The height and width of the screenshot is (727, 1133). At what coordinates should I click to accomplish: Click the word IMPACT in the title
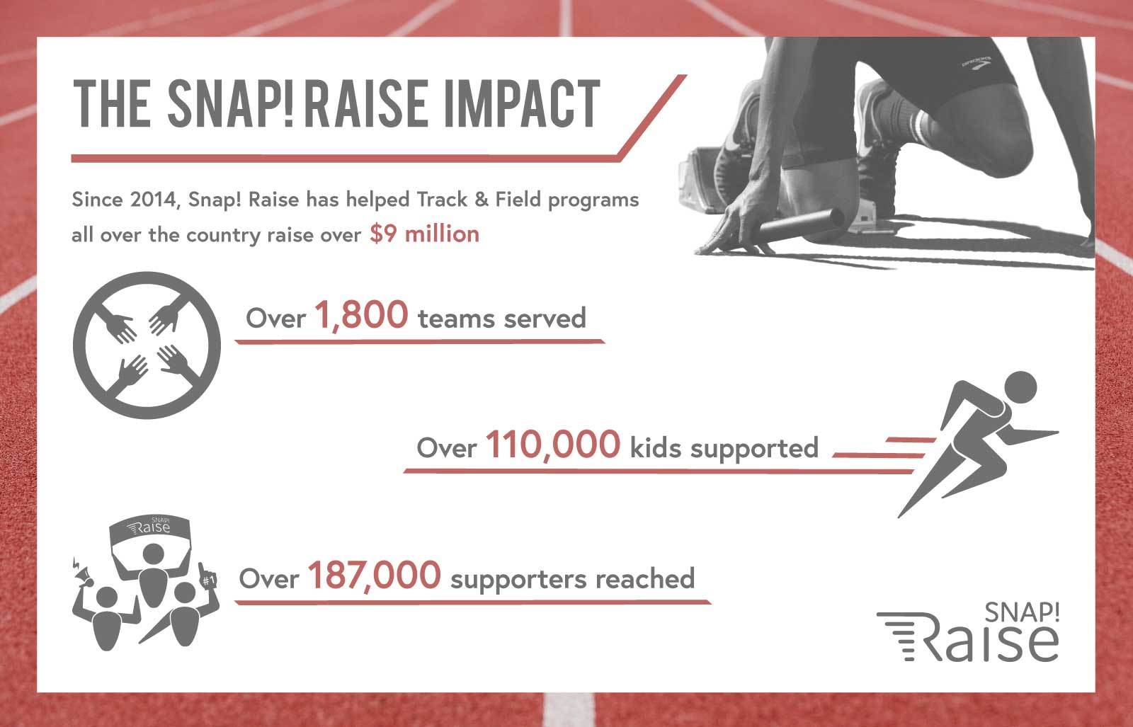[521, 103]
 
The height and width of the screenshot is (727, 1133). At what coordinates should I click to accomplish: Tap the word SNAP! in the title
[230, 103]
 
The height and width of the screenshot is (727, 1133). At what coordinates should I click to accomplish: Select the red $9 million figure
[424, 234]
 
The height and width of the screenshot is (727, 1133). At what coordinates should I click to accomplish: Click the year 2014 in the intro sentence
[152, 200]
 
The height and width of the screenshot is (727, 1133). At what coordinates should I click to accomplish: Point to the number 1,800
[361, 316]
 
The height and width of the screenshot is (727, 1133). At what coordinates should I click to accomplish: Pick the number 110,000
[553, 445]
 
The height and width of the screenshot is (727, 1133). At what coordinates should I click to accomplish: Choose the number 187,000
[375, 576]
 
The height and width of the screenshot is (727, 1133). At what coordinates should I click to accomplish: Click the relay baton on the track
[801, 224]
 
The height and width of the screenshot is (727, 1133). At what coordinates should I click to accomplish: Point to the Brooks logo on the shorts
[977, 64]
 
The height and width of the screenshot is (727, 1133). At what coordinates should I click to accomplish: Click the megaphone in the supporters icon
[83, 574]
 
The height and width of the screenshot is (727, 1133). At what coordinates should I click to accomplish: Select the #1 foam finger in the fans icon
[207, 576]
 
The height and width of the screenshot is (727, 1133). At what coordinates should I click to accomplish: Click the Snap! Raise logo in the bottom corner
[967, 632]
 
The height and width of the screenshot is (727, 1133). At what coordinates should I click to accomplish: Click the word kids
[655, 447]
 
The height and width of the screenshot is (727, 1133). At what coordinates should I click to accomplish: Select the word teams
[456, 319]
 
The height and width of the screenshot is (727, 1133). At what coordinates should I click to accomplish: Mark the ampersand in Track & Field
[481, 200]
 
